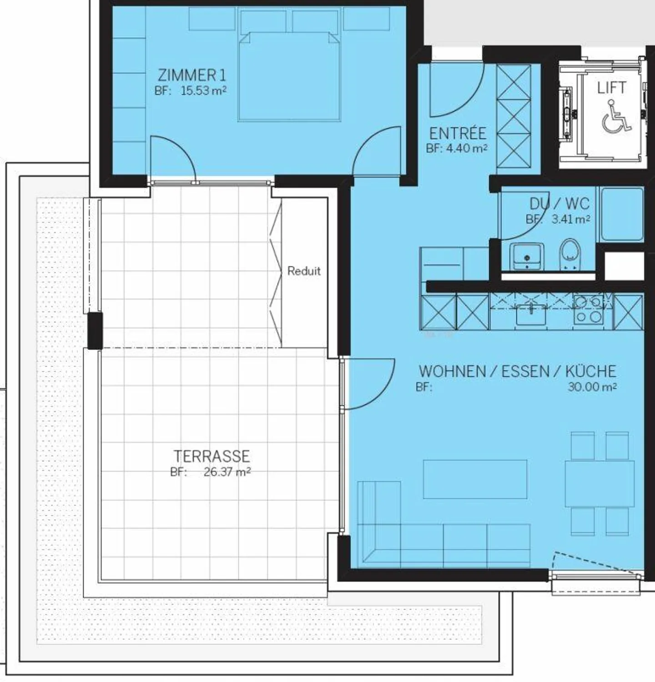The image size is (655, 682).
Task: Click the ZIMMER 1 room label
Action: pyautogui.click(x=191, y=75)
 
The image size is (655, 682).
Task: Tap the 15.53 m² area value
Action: pyautogui.click(x=203, y=90)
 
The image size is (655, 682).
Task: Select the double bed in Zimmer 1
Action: pyautogui.click(x=289, y=77)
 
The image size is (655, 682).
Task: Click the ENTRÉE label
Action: pyautogui.click(x=458, y=133)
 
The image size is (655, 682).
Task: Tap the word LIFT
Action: pyautogui.click(x=611, y=88)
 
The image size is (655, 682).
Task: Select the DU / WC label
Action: pyautogui.click(x=559, y=203)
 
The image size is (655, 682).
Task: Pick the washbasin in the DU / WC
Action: pyautogui.click(x=527, y=257)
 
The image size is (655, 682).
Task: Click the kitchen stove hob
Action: pyautogui.click(x=588, y=310)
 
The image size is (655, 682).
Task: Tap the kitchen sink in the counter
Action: pyautogui.click(x=531, y=314)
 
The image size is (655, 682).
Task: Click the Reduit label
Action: pyautogui.click(x=304, y=271)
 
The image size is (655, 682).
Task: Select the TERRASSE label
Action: pyautogui.click(x=212, y=456)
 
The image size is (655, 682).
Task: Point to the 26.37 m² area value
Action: pyautogui.click(x=227, y=472)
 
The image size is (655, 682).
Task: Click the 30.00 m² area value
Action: pyautogui.click(x=592, y=387)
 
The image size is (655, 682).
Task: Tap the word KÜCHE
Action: pyautogui.click(x=590, y=371)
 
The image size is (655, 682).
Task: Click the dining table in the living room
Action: pyautogui.click(x=600, y=483)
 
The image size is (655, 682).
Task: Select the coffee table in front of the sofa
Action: pyautogui.click(x=475, y=479)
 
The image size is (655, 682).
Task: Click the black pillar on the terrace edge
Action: pyautogui.click(x=95, y=331)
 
